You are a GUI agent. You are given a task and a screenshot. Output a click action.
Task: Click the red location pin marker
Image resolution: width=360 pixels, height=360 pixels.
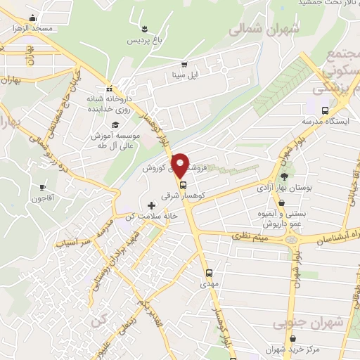point(181,165)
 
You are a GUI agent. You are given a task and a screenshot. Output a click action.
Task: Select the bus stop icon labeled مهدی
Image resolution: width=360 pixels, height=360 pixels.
point(208,273)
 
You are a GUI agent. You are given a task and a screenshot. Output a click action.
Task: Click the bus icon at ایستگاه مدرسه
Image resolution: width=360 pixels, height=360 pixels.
point(324,111)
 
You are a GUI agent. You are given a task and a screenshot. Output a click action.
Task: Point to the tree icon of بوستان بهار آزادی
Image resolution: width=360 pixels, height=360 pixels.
point(284,177)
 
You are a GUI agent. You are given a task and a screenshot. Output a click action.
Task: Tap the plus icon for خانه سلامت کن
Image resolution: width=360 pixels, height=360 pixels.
point(151,205)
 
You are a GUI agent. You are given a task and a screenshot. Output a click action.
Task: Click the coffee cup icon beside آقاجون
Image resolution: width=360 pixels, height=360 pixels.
point(42,188)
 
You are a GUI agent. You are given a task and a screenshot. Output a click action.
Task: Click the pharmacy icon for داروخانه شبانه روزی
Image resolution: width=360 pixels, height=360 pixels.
point(109,89)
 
